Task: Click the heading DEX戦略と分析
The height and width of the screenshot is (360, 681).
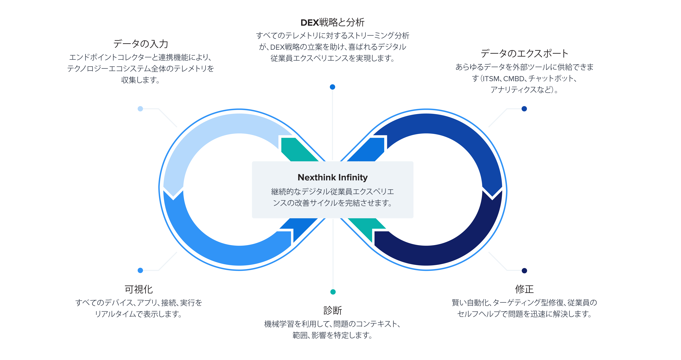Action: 332,23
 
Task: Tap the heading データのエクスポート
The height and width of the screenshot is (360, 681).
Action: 524,53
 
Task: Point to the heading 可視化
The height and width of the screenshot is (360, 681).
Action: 139,289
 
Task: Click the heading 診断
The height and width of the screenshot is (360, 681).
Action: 333,310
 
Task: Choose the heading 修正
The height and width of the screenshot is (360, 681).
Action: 524,289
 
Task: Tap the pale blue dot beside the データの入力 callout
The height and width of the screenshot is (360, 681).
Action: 140,109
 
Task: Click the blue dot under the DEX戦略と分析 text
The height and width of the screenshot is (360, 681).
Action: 333,87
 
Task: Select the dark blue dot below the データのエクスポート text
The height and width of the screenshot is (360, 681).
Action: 524,109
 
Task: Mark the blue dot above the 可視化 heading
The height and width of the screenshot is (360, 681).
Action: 140,270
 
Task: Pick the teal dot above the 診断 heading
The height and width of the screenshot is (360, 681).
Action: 333,292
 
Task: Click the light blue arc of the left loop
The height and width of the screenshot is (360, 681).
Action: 201,138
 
